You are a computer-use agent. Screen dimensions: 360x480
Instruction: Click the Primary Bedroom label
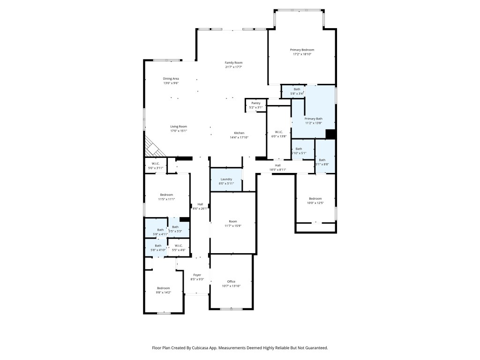click(302, 50)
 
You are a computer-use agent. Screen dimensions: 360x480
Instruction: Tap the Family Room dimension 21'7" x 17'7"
click(233, 67)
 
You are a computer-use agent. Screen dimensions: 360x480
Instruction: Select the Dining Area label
click(171, 78)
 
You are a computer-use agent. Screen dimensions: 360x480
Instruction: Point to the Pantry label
click(255, 103)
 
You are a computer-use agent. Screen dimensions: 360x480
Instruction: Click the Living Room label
click(178, 126)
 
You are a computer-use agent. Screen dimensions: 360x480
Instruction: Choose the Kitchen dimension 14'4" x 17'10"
click(239, 137)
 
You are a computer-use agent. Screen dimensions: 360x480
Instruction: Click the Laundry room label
click(226, 179)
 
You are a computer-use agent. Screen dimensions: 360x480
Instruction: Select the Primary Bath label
click(313, 119)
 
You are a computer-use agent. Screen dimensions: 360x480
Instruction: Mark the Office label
click(231, 281)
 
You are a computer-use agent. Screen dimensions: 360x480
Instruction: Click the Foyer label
click(197, 275)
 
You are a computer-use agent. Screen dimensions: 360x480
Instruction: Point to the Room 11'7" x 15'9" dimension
click(233, 226)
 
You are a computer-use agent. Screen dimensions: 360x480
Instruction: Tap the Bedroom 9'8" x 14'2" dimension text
click(164, 292)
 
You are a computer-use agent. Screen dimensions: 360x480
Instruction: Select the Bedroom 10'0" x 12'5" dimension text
click(315, 202)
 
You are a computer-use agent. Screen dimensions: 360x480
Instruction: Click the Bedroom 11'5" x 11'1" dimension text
click(166, 199)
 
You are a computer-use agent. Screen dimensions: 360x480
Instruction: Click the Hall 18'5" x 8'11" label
click(277, 165)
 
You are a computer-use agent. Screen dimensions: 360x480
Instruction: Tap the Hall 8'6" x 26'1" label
click(200, 204)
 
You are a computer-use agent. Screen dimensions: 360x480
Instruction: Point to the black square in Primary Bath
click(330, 134)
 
